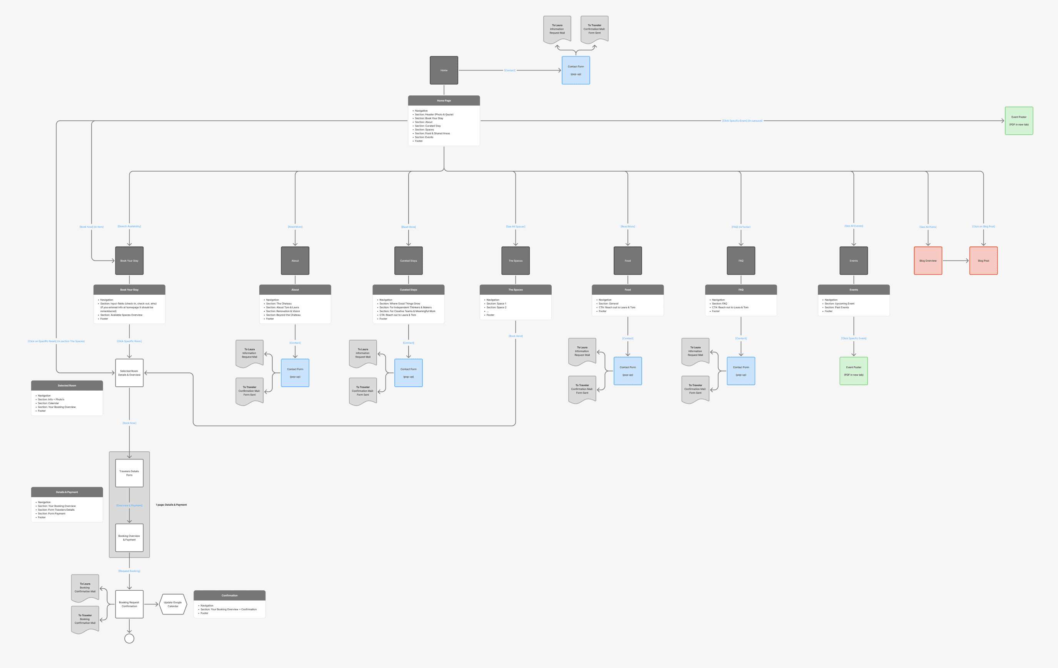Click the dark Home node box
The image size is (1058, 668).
tap(444, 70)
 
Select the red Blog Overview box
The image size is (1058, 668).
tap(928, 261)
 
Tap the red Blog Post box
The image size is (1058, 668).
tap(983, 261)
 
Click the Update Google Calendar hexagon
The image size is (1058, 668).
tap(173, 604)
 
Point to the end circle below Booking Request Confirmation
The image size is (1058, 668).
tap(129, 638)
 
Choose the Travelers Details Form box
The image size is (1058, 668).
tap(129, 473)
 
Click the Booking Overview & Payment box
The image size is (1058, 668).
tap(129, 538)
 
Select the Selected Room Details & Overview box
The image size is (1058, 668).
tap(129, 373)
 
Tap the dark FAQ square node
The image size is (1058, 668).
tap(741, 261)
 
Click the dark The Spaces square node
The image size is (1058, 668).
tap(516, 261)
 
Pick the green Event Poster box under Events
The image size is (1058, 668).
tap(853, 371)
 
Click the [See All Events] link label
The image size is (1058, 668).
tap(853, 226)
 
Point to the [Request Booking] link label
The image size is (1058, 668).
tap(129, 571)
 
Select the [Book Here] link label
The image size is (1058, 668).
tap(516, 336)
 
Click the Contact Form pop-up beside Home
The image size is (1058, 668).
tap(576, 70)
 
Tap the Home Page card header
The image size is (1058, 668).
tap(444, 101)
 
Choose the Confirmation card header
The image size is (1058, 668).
tap(229, 596)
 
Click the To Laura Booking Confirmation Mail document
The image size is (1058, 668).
tap(85, 588)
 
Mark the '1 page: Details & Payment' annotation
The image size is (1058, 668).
tap(171, 504)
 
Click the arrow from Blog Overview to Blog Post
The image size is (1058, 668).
tap(956, 261)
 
